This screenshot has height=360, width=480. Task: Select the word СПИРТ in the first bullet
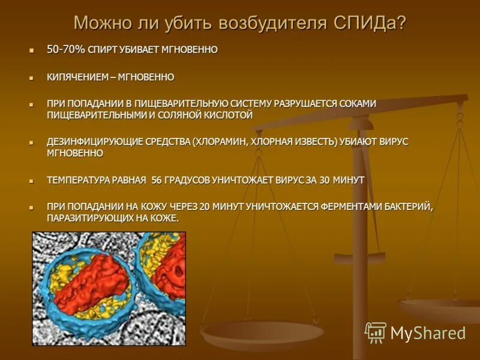point(104,50)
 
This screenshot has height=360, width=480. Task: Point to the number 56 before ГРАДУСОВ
point(157,180)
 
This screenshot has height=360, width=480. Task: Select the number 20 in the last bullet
point(204,206)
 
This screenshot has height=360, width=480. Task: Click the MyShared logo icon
point(376,332)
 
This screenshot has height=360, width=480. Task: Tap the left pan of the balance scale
point(262,333)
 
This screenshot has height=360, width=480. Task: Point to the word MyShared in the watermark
point(428,333)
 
